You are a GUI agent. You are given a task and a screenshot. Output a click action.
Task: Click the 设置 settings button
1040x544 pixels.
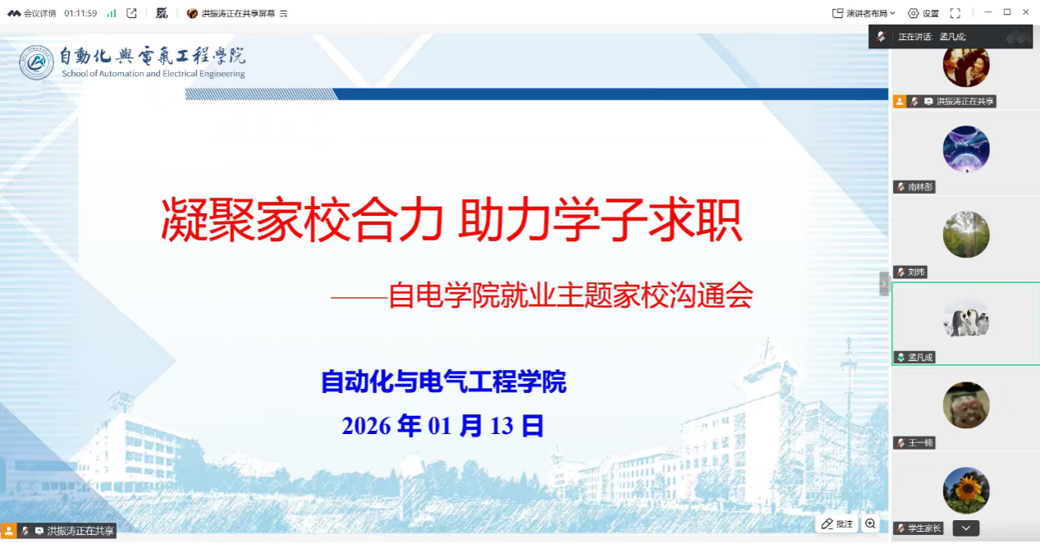[923, 13]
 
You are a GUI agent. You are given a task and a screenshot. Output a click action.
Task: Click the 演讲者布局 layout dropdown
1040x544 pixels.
[864, 13]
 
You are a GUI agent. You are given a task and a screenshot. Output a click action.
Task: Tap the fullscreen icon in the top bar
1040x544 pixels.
[955, 13]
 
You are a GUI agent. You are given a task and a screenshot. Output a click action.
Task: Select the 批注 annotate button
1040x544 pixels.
[836, 523]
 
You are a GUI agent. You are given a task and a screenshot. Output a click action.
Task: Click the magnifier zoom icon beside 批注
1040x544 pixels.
[870, 523]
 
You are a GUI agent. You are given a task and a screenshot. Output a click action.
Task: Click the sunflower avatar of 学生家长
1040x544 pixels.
[966, 491]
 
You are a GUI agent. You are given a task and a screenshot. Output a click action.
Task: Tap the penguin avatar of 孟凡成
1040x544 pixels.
[966, 319]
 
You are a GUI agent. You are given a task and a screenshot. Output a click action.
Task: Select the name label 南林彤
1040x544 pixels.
[920, 187]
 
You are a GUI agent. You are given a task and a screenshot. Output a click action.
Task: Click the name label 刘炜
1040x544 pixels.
[916, 272]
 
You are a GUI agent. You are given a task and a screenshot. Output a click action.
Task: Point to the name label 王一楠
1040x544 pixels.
[920, 443]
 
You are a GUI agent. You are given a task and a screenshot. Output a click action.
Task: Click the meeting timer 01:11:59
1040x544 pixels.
[80, 13]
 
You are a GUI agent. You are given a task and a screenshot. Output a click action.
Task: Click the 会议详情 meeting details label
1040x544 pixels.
[39, 13]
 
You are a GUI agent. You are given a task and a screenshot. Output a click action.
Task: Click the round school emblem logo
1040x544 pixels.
[37, 62]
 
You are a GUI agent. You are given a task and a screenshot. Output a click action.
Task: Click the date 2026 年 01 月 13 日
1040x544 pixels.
[442, 426]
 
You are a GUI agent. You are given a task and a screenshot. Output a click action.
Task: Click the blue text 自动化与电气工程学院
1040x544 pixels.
[443, 382]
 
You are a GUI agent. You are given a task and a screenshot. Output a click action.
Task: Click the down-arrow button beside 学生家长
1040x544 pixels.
[966, 528]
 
